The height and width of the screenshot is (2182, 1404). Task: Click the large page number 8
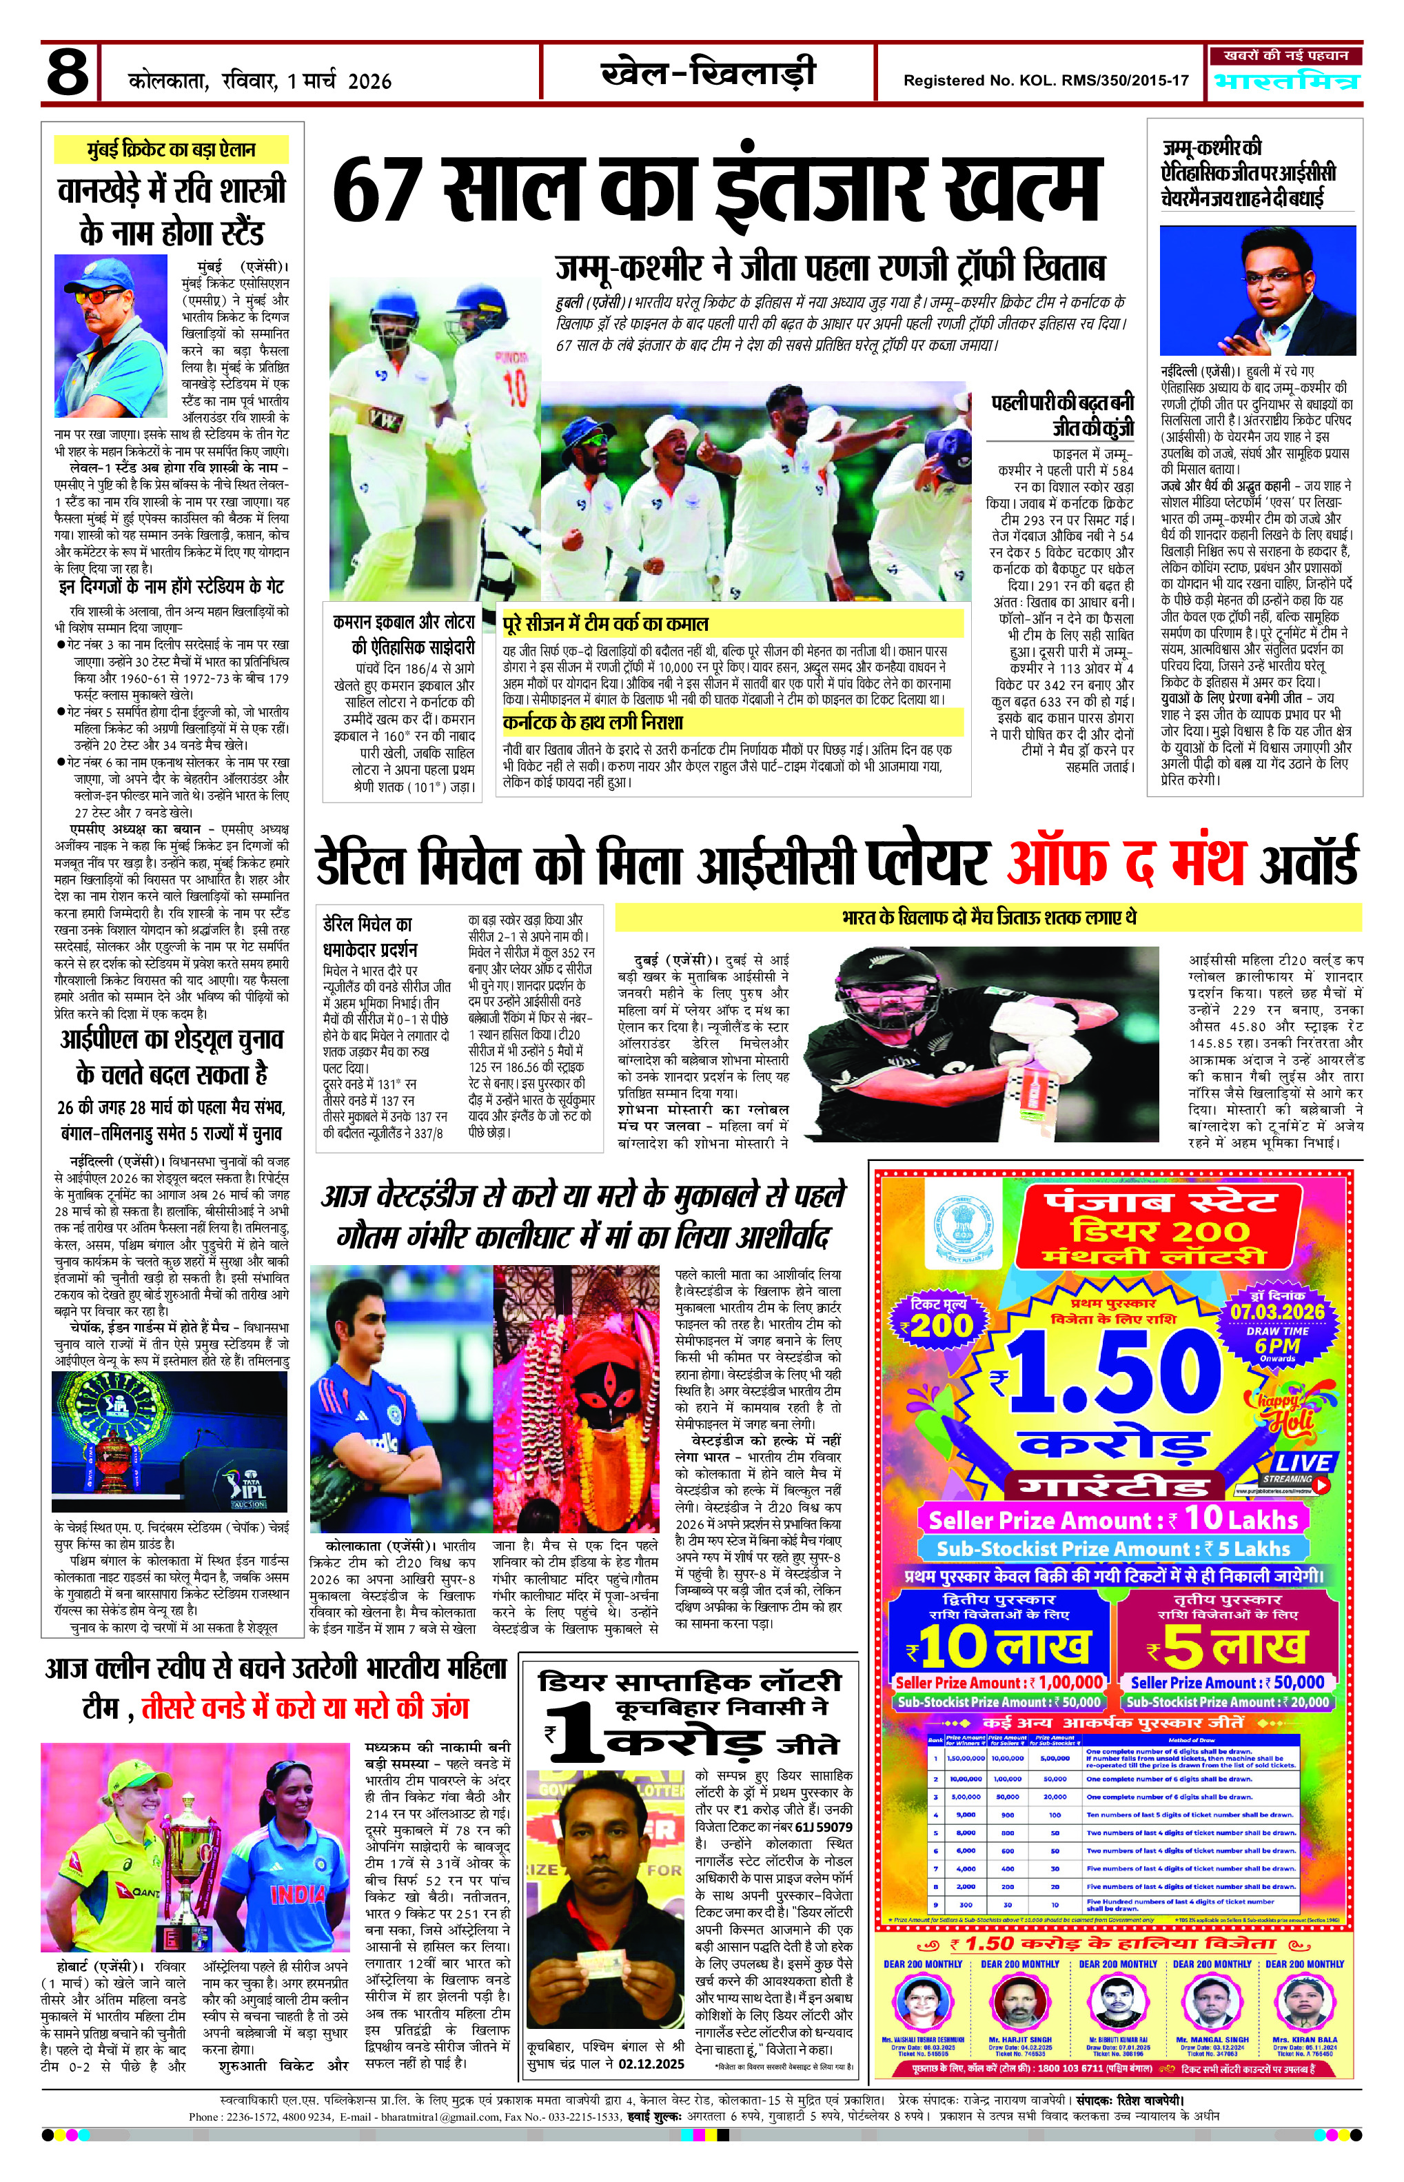point(68,73)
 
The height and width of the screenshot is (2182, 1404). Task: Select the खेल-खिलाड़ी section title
point(709,73)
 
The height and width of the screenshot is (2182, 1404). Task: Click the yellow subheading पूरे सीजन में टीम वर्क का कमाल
point(607,625)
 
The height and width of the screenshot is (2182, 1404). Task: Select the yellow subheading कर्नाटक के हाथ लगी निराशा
point(593,723)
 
